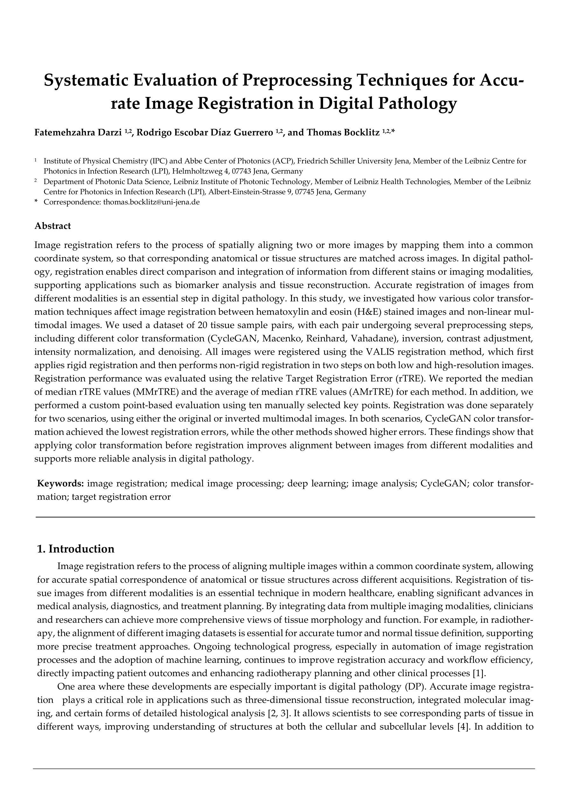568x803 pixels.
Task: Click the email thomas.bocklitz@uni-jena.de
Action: pos(151,202)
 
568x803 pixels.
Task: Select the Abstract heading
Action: pos(52,226)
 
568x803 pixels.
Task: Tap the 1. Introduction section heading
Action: pos(76,549)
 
